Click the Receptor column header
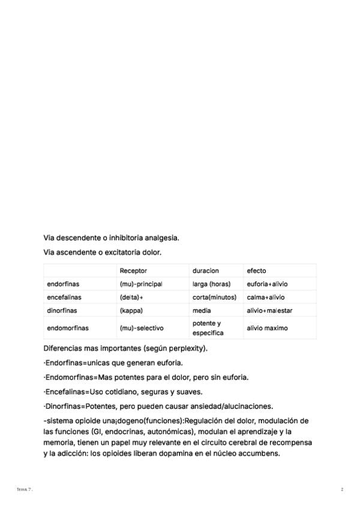(x=133, y=271)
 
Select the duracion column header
(x=205, y=271)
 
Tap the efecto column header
(x=256, y=271)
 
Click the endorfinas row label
(x=63, y=284)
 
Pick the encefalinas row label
(x=64, y=297)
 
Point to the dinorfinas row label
(x=62, y=310)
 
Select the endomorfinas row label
(x=68, y=328)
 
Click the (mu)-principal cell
(x=141, y=284)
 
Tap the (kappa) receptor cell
(x=131, y=310)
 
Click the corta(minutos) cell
(x=214, y=297)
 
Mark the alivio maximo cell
(x=267, y=328)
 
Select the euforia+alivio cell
(x=267, y=284)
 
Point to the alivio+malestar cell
(x=269, y=310)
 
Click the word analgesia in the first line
(x=161, y=238)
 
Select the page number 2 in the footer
(x=342, y=490)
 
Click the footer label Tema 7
(x=24, y=490)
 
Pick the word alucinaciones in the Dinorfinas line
(x=248, y=406)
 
